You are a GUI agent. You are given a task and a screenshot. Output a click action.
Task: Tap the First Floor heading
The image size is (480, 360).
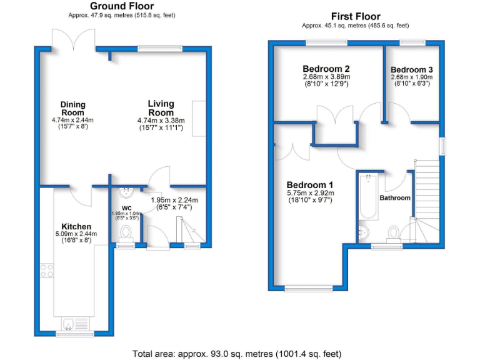355,16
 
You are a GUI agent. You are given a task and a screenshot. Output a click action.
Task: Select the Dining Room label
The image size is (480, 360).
72,108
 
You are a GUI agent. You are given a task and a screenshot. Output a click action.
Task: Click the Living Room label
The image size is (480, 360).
161,107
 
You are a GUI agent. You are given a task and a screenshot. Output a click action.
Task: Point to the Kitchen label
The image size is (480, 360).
76,226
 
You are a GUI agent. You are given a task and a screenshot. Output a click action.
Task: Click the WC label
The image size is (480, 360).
127,207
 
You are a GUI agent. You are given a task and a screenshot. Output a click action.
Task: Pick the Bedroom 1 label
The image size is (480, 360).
310,185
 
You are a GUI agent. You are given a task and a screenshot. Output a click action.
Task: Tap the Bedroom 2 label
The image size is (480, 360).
325,69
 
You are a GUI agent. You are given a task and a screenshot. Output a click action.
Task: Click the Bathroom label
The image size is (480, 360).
395,198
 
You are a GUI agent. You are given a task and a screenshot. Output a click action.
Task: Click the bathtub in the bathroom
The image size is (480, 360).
367,197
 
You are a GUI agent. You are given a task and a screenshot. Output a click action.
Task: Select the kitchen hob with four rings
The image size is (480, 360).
47,271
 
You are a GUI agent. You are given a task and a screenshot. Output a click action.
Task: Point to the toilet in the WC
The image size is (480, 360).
127,232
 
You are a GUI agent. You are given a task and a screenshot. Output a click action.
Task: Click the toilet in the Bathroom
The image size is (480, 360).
393,232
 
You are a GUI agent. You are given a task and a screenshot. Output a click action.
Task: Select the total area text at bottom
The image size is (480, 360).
237,353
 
